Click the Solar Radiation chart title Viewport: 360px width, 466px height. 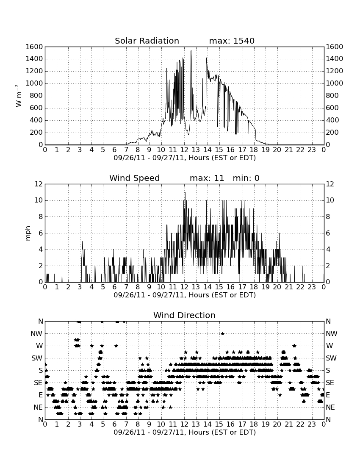point(147,41)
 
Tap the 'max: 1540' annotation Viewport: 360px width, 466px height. point(232,41)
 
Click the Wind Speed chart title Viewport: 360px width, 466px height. point(135,178)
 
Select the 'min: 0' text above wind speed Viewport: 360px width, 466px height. point(246,178)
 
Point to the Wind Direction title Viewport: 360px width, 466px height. point(185,315)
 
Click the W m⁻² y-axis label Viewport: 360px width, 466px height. point(18,96)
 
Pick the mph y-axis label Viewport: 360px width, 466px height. point(28,233)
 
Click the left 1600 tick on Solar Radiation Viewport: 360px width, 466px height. point(34,47)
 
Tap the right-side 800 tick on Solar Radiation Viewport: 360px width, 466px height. point(332,96)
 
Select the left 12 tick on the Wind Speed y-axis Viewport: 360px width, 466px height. point(39,184)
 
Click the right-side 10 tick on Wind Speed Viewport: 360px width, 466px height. point(330,200)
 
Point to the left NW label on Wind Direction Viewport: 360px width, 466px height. point(36,334)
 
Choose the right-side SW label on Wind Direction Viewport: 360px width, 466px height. point(331,358)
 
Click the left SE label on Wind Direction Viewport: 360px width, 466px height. point(38,383)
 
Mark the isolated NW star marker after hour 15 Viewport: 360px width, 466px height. point(222,333)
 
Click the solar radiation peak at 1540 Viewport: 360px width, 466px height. point(191,50)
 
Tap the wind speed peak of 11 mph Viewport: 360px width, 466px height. point(185,193)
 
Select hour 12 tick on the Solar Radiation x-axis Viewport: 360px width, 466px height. point(184,150)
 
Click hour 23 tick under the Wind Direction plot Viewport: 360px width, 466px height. point(312,424)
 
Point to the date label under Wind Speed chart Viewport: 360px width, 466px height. point(185,295)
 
